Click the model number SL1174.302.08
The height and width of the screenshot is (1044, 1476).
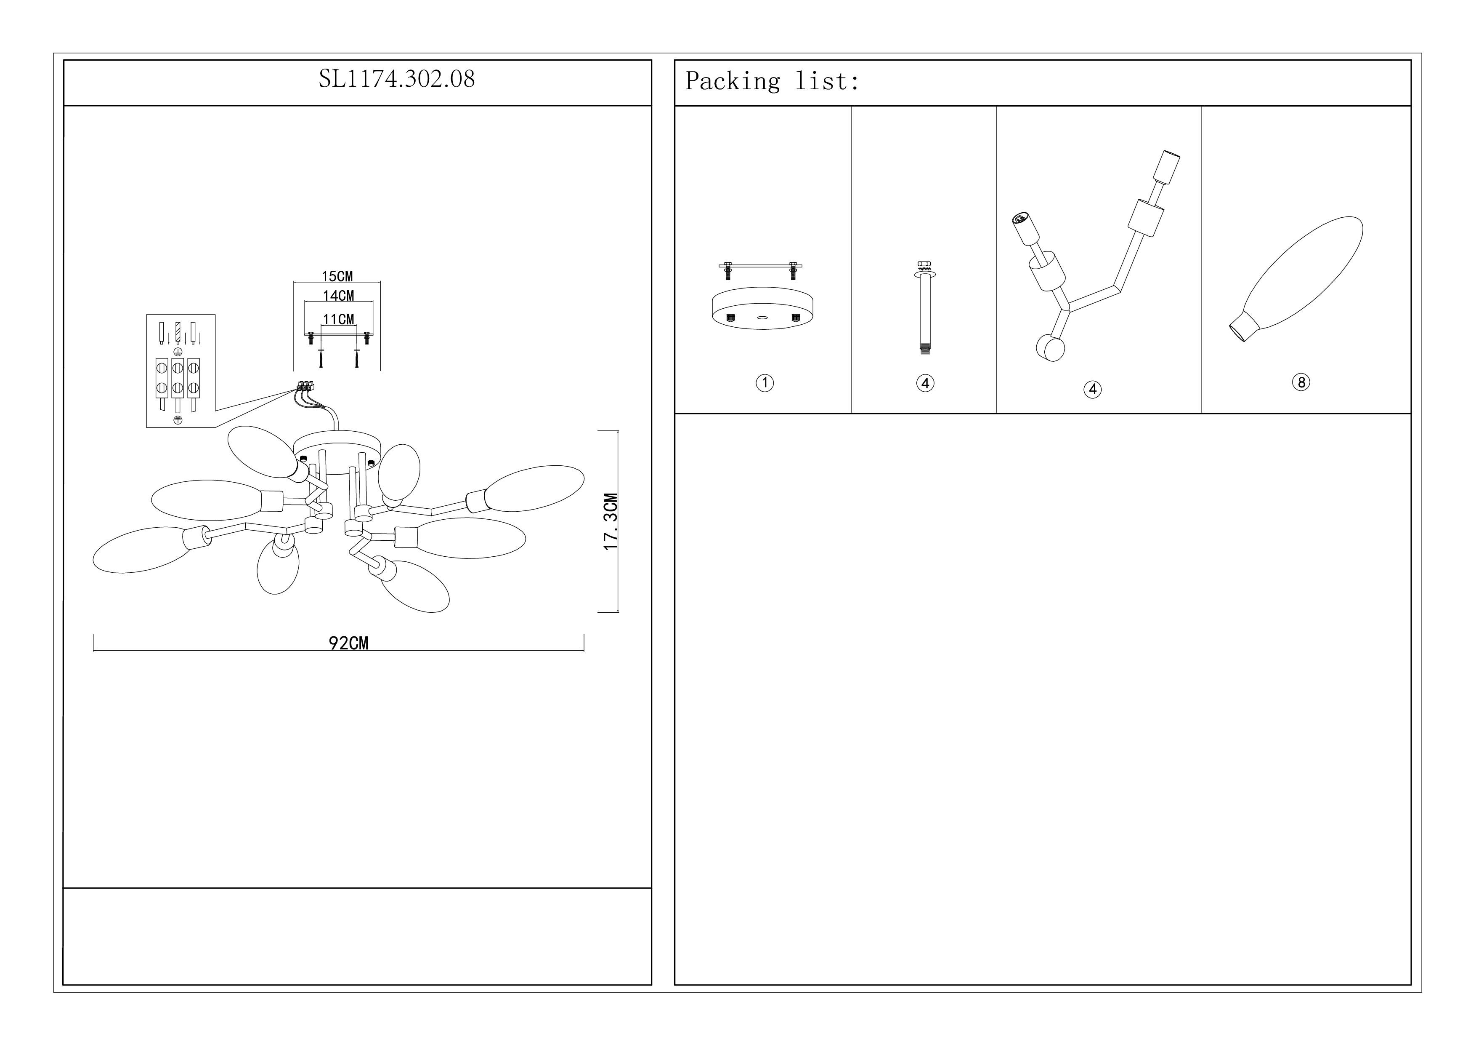(x=397, y=79)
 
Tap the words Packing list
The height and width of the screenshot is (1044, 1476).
(x=771, y=81)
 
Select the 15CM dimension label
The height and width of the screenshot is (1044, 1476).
(x=337, y=277)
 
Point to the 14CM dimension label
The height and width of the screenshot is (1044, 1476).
(x=338, y=296)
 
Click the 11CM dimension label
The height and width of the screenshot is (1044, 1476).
(x=338, y=319)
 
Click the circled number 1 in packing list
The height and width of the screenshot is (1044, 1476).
(x=765, y=383)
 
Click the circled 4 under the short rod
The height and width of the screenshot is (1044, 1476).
(x=925, y=383)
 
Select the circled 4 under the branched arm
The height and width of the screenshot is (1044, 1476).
(x=1093, y=389)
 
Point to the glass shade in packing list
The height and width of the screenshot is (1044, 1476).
(x=1296, y=278)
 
